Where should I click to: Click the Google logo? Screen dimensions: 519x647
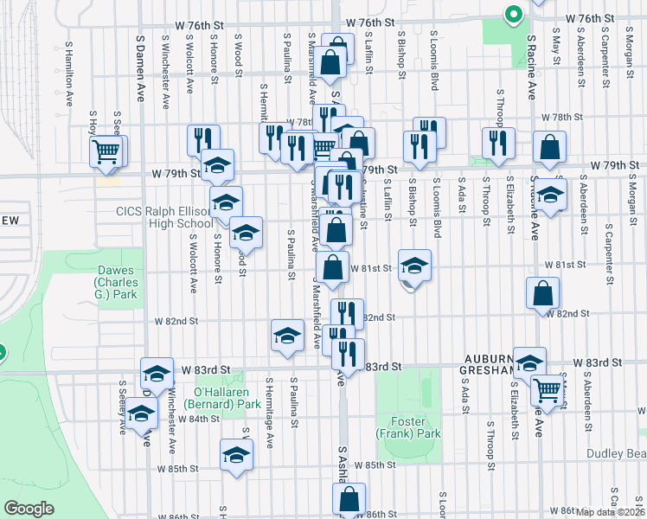[29, 509]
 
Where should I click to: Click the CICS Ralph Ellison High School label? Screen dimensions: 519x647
[164, 217]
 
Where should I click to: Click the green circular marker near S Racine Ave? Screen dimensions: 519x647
[513, 15]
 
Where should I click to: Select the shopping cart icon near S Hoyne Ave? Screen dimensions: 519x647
[106, 151]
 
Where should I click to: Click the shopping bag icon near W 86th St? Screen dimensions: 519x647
[349, 498]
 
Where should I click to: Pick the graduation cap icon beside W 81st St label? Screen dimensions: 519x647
[415, 266]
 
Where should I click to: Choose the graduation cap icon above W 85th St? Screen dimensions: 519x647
[236, 454]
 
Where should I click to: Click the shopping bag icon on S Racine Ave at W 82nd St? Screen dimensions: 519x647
[541, 293]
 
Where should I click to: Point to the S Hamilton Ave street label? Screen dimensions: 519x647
[67, 66]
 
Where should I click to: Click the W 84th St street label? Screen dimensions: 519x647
[199, 419]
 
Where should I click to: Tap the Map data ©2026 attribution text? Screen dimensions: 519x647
[611, 512]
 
